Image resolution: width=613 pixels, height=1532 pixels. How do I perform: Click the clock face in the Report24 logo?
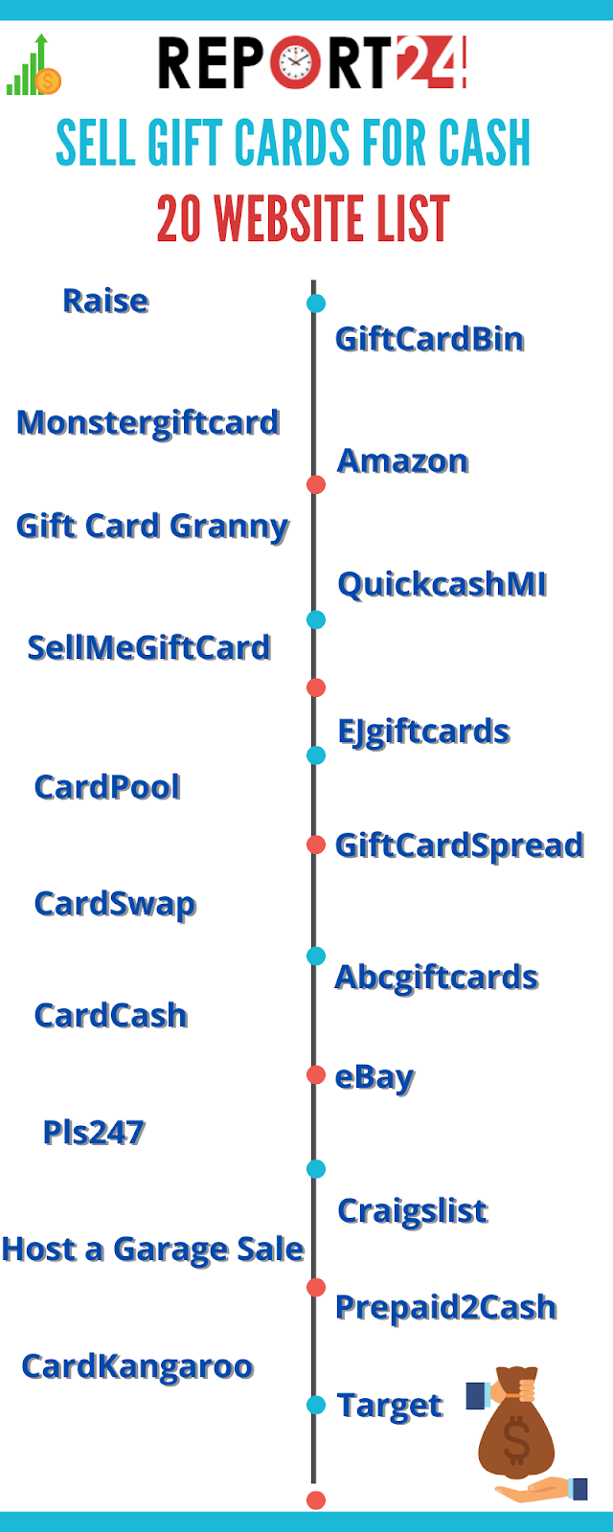pos(296,64)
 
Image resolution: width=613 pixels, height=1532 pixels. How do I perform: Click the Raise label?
pos(105,301)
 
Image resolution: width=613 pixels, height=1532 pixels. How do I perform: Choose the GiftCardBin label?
pos(429,339)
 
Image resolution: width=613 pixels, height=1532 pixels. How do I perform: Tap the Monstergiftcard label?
pos(148,422)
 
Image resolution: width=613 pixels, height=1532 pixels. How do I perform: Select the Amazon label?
pos(402,461)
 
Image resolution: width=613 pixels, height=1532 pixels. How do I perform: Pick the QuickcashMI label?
pos(442,584)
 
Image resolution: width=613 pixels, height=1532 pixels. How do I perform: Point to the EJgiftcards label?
pos(423,732)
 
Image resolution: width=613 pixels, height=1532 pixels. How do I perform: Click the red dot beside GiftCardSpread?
pos(316,845)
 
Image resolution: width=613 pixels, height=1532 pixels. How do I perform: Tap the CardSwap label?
pos(115,904)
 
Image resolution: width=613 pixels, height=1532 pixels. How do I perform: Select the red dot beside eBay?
pos(316,1075)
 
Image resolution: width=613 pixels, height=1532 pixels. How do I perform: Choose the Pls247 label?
pos(94,1133)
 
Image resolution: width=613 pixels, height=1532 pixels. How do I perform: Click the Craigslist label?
pos(413,1211)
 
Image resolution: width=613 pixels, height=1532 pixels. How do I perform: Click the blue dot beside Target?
pos(316,1405)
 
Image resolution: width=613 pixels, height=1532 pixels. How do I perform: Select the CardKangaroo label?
pos(137,1366)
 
